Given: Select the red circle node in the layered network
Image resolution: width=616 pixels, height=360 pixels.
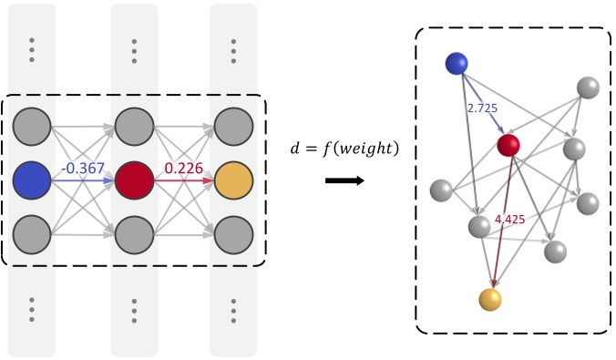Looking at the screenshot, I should tap(134, 180).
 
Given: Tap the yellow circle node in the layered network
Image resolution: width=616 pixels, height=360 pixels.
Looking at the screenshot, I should tap(233, 180).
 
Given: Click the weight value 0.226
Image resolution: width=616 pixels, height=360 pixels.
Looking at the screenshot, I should tap(183, 170).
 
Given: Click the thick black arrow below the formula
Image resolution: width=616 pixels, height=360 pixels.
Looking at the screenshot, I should tap(344, 180).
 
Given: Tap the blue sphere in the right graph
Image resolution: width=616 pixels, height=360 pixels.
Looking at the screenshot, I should tap(457, 63).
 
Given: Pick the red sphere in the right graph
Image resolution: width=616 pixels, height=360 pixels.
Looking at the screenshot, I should tap(508, 145).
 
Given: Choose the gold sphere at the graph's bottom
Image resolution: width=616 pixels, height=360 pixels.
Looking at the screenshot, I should tap(490, 300).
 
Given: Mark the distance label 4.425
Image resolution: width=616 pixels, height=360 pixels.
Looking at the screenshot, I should tap(510, 220).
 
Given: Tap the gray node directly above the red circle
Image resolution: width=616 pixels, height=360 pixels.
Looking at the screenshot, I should tap(134, 125).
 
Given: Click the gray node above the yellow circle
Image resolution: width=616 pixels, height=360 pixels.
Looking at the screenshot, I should tap(233, 125).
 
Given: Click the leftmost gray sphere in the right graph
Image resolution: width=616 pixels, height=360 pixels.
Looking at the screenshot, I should tap(441, 190).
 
